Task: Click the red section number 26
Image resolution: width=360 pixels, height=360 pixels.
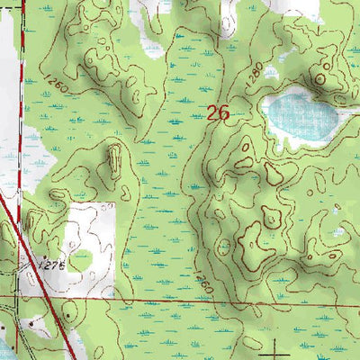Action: coord(216,113)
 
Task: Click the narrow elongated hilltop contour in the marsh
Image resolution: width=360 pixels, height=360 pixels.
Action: coord(114,160)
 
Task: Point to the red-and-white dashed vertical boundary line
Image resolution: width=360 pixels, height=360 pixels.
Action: coord(16,108)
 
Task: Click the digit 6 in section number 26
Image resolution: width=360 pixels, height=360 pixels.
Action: coord(222,113)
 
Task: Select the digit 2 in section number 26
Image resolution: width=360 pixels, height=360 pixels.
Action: coord(211,113)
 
